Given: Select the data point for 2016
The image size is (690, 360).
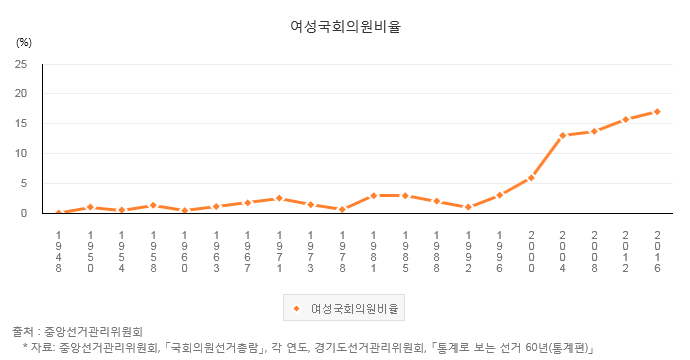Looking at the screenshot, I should [x=657, y=111].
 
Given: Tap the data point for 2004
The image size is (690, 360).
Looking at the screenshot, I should [x=563, y=135].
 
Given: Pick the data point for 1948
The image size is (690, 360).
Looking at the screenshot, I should [x=59, y=213].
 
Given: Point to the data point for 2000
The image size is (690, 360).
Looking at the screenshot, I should [x=531, y=177].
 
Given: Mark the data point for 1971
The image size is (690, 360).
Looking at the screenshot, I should [x=279, y=198].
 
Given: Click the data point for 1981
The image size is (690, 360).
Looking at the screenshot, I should [x=373, y=195].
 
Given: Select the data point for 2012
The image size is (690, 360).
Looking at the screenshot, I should [x=626, y=119].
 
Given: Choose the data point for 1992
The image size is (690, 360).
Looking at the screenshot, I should [x=468, y=207].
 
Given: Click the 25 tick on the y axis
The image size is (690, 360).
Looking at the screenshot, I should [x=21, y=64].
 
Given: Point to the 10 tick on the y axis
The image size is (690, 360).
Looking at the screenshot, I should [x=21, y=154].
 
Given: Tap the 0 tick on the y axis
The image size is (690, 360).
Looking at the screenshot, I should [x=24, y=213].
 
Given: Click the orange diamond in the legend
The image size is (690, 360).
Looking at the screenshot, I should [x=296, y=306].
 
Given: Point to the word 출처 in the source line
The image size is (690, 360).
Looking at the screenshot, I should [x=22, y=331].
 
